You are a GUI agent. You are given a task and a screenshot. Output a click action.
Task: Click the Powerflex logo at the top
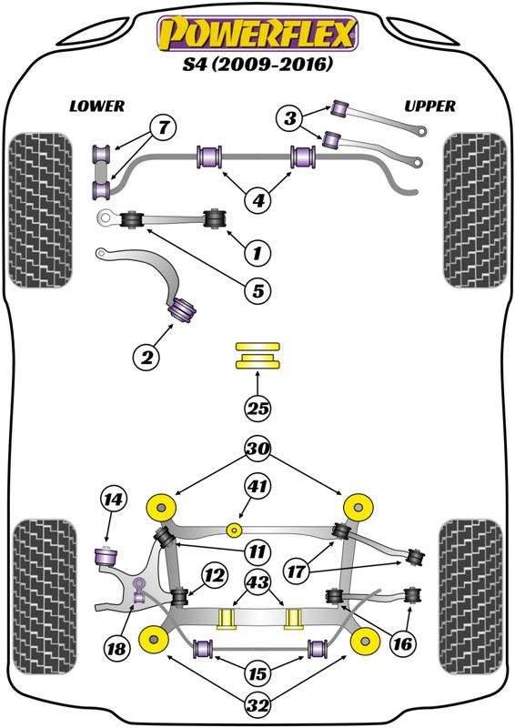[x=257, y=34]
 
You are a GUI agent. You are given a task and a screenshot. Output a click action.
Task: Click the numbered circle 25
[x=257, y=408]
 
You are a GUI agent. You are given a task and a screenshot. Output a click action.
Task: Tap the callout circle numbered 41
[x=257, y=487]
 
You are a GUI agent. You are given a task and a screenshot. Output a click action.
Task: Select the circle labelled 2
[x=146, y=357]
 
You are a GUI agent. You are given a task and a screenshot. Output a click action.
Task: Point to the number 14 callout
[x=113, y=500]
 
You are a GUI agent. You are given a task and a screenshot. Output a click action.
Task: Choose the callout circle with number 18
[x=116, y=647]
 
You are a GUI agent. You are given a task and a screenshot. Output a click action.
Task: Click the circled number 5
[x=257, y=290]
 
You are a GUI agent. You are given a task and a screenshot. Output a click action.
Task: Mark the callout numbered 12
[x=215, y=576]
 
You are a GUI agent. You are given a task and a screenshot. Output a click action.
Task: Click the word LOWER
[x=97, y=106]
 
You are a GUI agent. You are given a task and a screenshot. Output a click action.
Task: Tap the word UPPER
[x=430, y=106]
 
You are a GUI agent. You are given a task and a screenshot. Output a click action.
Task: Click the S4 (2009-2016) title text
[x=257, y=64]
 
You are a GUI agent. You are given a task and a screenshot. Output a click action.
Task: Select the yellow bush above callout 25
[x=257, y=355]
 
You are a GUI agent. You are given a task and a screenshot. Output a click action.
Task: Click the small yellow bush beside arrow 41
[x=234, y=530]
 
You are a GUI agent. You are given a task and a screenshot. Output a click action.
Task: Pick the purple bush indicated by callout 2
[x=182, y=310]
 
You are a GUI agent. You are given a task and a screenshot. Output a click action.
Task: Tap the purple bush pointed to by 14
[x=106, y=556]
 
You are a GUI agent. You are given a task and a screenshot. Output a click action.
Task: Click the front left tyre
[x=41, y=210]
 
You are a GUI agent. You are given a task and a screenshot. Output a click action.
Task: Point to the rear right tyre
[x=471, y=598]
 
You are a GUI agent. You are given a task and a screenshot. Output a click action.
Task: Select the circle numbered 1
[x=257, y=253]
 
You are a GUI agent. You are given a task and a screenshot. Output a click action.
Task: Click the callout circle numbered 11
[x=257, y=551]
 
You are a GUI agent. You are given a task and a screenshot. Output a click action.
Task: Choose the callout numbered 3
[x=289, y=118]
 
